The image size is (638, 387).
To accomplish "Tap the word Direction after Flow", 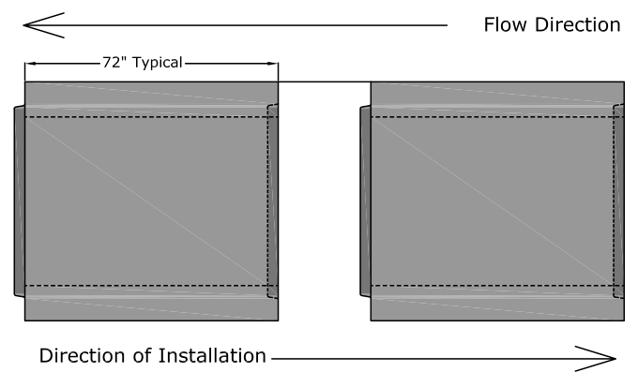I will coord(575,24).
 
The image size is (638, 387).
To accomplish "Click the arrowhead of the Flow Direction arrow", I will coord(42,24).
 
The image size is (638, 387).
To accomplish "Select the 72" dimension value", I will coord(114,64).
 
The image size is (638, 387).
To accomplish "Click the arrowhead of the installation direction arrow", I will coord(600,357).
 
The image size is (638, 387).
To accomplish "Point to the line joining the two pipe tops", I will coord(324,82).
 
